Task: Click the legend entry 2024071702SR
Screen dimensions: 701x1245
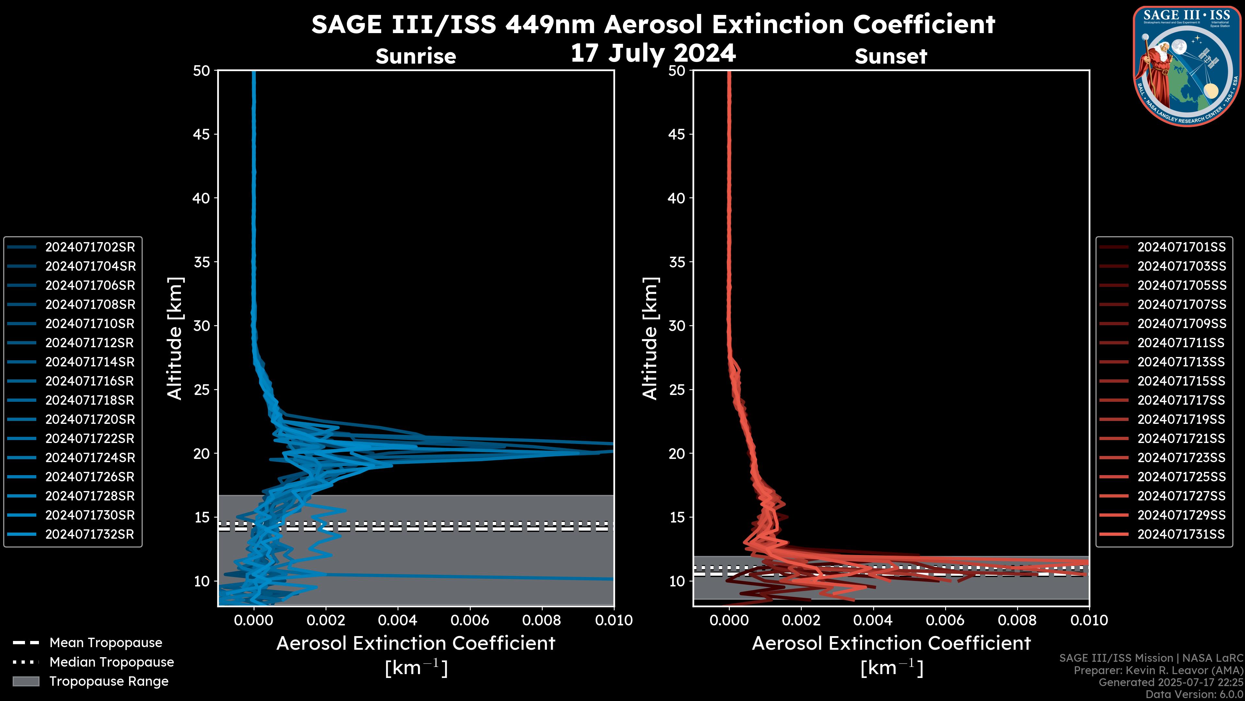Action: [x=90, y=247]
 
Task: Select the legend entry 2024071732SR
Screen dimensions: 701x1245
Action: [x=90, y=535]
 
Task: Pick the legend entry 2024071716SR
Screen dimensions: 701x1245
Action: [x=90, y=381]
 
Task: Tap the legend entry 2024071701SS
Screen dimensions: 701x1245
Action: [x=1181, y=247]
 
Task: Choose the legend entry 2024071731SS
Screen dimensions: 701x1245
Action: [x=1181, y=535]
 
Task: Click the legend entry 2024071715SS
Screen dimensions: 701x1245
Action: [x=1181, y=381]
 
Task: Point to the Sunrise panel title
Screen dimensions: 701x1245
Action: [x=416, y=56]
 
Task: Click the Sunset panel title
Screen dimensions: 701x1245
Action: [x=891, y=56]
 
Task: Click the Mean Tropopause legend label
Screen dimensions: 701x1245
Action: [x=106, y=643]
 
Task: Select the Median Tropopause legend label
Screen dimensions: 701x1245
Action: [x=112, y=662]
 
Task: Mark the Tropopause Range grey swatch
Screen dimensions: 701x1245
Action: [x=26, y=682]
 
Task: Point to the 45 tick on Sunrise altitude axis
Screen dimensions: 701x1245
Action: [x=202, y=134]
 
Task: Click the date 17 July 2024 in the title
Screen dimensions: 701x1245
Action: [x=653, y=53]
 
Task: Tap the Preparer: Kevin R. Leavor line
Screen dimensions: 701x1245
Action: [x=1158, y=670]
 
